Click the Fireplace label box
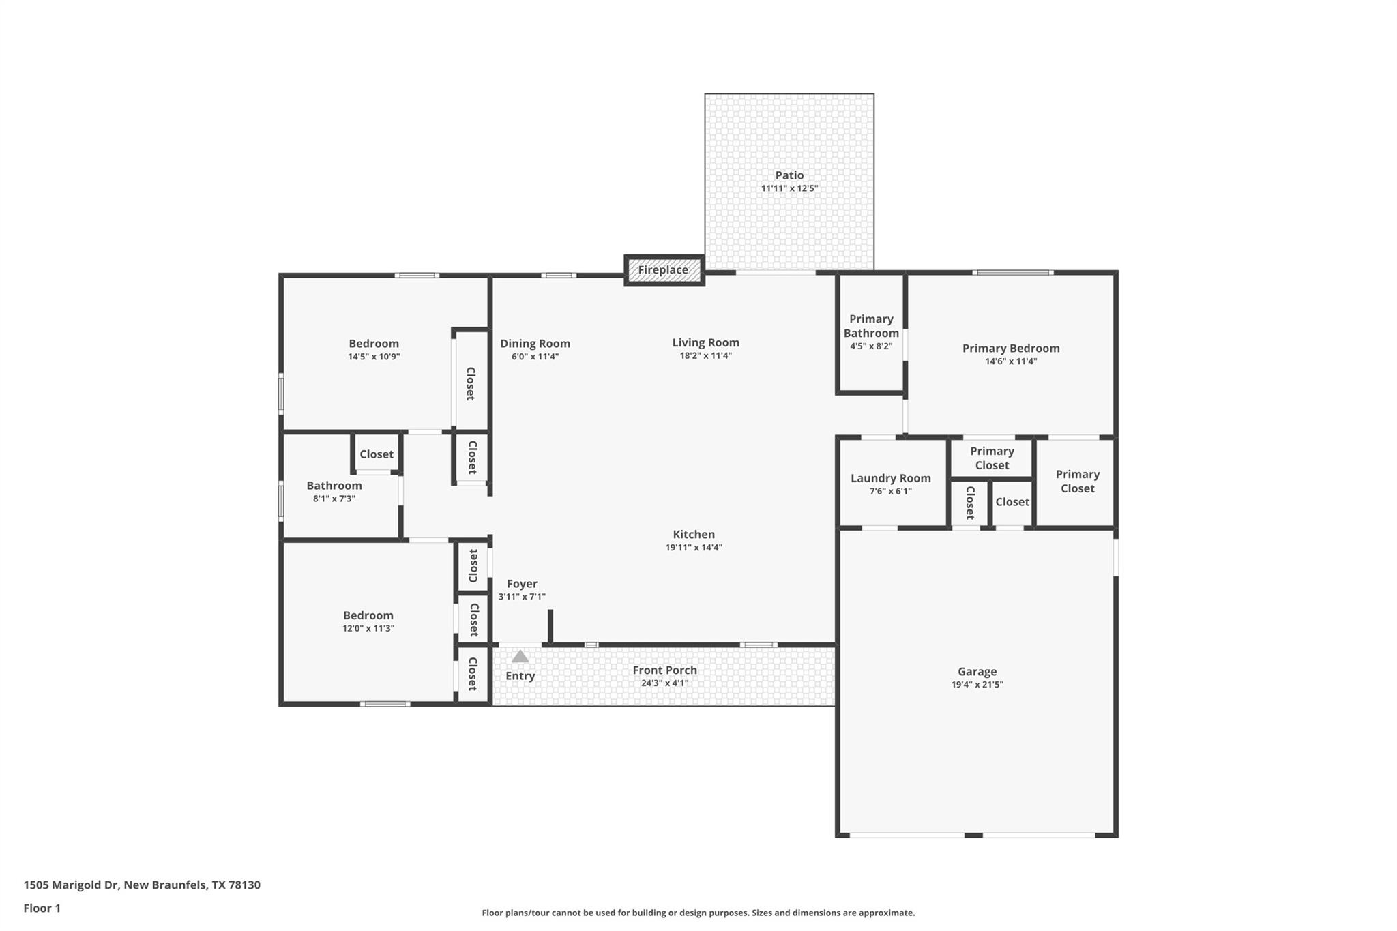664,270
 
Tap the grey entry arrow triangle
520,657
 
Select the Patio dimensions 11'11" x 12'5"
789,188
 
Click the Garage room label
977,672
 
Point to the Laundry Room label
890,478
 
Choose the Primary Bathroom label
871,326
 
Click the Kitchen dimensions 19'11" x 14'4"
694,548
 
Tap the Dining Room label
535,344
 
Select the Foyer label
522,584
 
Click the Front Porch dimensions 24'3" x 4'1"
664,683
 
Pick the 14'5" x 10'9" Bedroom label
374,344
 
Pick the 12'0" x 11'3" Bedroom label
368,615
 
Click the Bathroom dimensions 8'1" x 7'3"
334,499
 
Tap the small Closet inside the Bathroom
377,454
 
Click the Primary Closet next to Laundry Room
992,458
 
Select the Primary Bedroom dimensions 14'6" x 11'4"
1011,361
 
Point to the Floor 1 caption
42,908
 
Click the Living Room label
705,343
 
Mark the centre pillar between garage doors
973,835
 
